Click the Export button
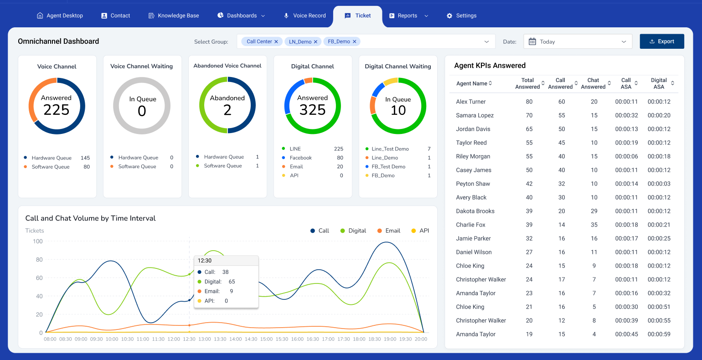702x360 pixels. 661,41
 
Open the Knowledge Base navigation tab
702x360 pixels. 174,15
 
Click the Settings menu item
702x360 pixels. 461,15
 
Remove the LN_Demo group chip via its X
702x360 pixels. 315,42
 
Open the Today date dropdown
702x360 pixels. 578,41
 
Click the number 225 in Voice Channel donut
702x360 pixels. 57,110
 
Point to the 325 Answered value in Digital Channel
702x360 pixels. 313,110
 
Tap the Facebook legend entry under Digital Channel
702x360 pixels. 300,158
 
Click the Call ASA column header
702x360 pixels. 626,83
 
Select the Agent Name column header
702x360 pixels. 472,83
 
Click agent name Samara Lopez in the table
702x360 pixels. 475,115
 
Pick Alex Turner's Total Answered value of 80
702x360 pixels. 529,102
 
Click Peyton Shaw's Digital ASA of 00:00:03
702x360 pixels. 659,184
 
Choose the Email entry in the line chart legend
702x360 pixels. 392,231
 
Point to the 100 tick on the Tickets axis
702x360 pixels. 38,242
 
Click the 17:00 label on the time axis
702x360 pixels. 328,339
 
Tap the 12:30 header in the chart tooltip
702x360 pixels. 205,261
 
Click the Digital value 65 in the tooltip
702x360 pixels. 232,282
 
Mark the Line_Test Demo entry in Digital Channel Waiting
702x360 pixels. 390,149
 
